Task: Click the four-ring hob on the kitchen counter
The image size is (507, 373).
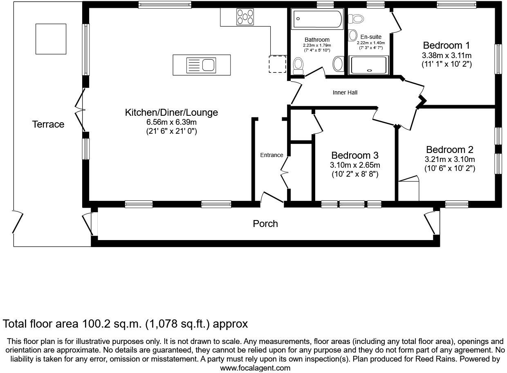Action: tap(245, 17)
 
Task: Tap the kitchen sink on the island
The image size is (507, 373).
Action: tap(201, 65)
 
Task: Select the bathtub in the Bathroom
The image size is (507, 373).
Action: tap(317, 19)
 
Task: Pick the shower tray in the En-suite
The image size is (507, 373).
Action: tap(369, 65)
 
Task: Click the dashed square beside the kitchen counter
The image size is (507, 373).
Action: tap(277, 64)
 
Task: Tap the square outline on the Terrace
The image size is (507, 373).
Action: tap(51, 39)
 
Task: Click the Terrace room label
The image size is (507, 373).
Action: tap(48, 124)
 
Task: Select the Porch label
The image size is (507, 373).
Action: tap(265, 224)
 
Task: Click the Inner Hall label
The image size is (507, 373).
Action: tap(345, 92)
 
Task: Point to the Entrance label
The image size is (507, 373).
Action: tap(271, 155)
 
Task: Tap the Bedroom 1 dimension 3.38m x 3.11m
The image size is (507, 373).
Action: tap(446, 55)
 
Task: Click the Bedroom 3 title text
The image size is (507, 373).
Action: tap(354, 155)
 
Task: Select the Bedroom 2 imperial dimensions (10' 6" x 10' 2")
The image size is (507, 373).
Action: tap(449, 168)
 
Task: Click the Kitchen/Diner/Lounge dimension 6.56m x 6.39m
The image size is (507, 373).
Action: tap(171, 122)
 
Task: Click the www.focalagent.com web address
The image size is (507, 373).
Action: tap(255, 368)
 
